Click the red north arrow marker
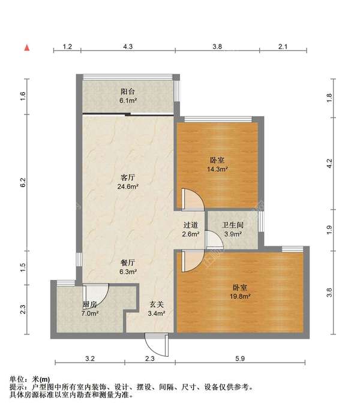(x=27, y=48)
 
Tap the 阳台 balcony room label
(x=128, y=92)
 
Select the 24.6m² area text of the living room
(x=128, y=186)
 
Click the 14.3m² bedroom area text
(x=217, y=169)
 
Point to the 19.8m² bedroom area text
(x=240, y=296)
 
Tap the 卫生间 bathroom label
(x=233, y=225)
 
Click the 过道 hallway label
(x=190, y=225)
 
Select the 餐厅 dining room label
(x=128, y=263)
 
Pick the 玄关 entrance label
(x=157, y=305)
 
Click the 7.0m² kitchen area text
(x=90, y=313)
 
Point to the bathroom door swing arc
(x=214, y=240)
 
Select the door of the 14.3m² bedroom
(x=193, y=199)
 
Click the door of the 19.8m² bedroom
(x=193, y=261)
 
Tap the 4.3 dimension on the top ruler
(x=128, y=47)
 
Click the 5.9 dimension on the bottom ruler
(x=240, y=358)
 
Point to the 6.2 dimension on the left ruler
(x=23, y=182)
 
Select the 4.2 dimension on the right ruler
(x=329, y=163)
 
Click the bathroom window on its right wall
(x=261, y=222)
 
